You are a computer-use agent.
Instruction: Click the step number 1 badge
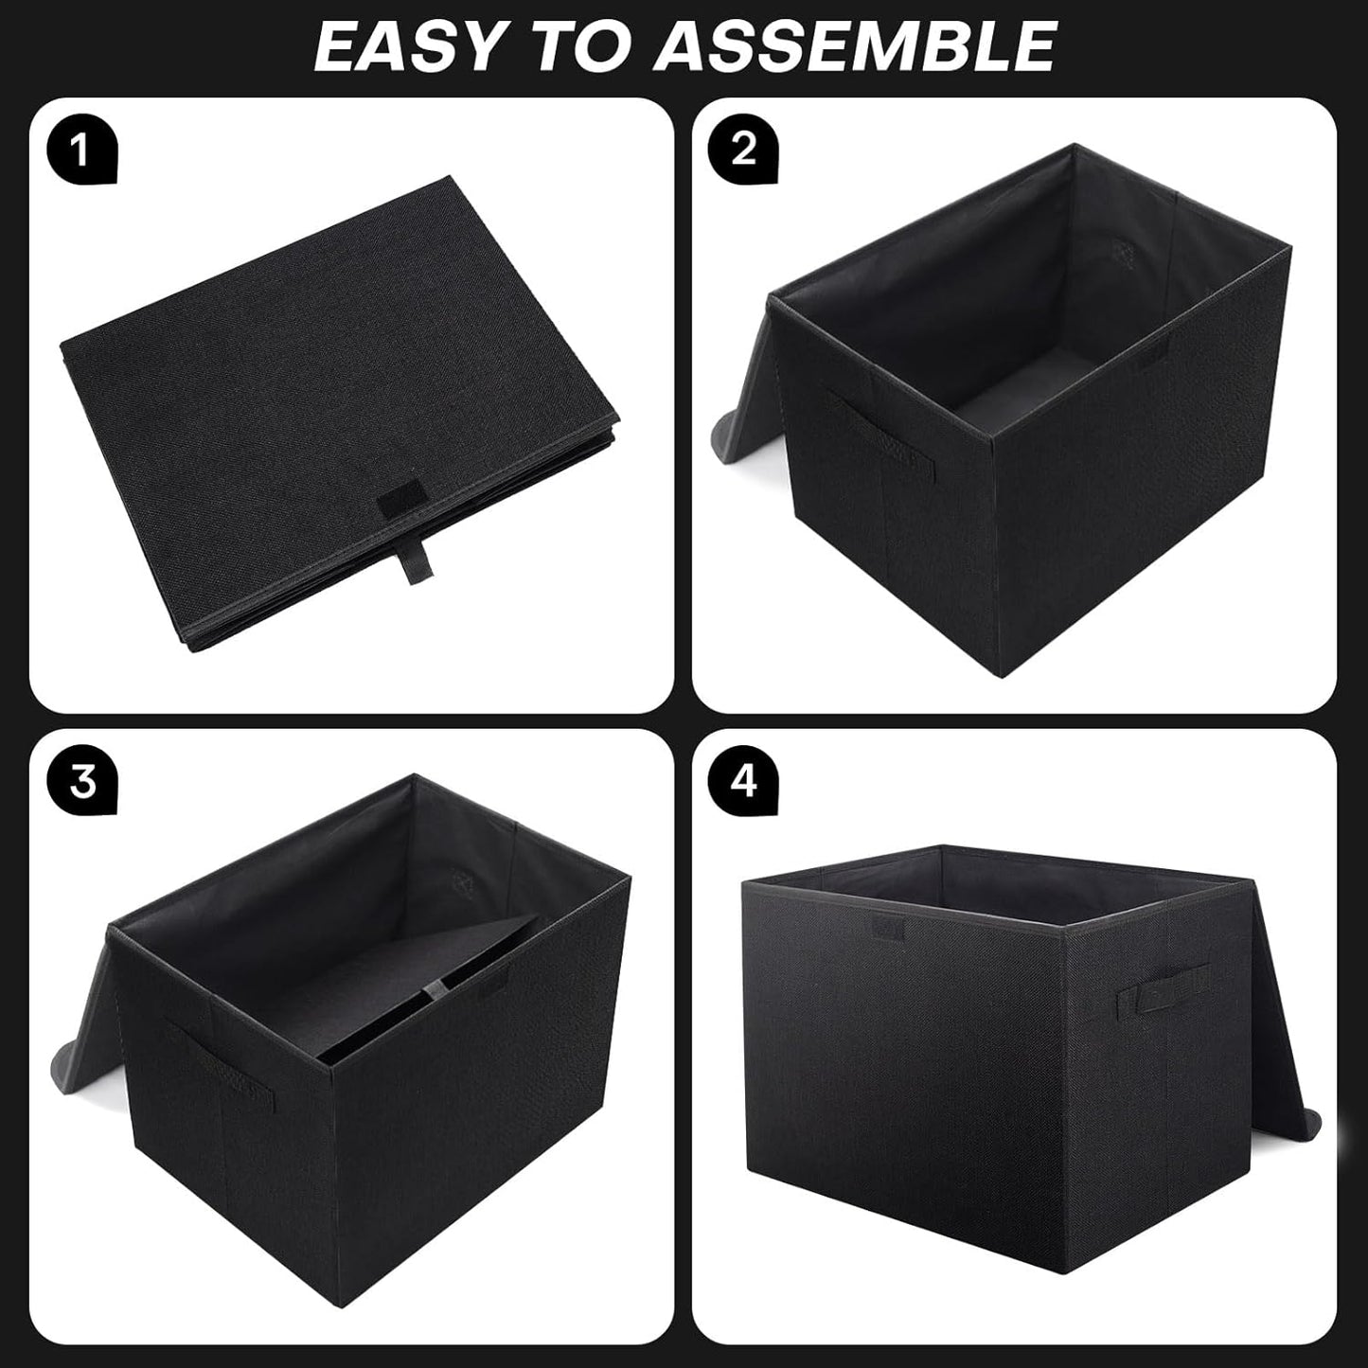click(x=81, y=151)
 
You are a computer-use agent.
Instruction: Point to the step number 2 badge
click(x=744, y=151)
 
